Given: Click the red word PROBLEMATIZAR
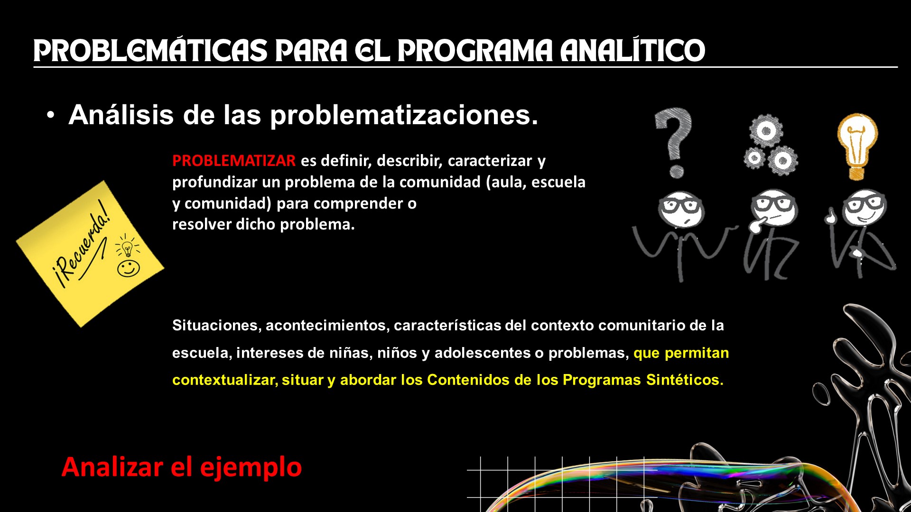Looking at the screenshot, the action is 234,161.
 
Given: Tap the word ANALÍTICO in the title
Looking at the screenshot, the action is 632,51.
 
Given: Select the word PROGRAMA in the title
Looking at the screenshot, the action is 475,51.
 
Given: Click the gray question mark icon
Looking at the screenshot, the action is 673,143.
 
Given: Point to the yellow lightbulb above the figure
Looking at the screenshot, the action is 857,146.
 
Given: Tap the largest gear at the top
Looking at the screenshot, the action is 766,130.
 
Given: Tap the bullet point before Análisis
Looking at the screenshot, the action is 51,116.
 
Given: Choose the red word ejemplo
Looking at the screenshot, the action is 251,467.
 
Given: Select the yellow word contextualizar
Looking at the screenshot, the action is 225,380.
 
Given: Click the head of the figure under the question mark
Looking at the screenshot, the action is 681,209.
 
